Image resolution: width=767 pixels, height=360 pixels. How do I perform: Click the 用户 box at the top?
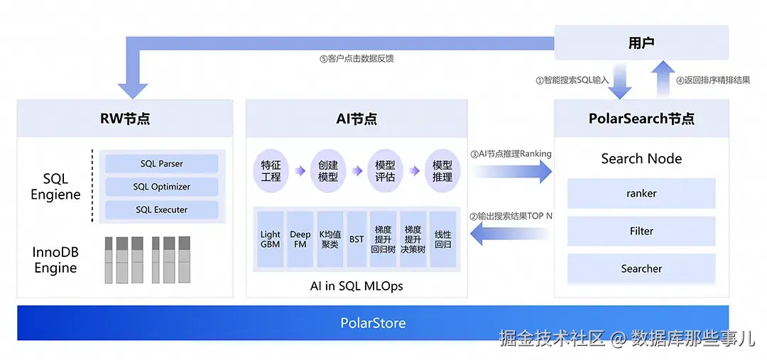[641, 43]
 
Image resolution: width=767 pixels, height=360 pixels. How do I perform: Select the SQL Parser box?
[161, 164]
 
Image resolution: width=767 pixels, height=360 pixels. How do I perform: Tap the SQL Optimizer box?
[161, 187]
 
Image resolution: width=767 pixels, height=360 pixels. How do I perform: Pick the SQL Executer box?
[161, 210]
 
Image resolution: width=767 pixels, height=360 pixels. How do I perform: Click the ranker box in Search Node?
[641, 193]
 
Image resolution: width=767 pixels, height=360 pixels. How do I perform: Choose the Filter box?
[641, 231]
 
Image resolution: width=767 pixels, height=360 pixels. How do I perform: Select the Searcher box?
[641, 268]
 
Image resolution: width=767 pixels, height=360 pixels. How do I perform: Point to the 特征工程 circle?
[271, 170]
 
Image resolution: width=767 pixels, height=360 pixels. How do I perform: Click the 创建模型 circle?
[328, 170]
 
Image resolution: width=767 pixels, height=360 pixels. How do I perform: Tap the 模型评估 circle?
[385, 170]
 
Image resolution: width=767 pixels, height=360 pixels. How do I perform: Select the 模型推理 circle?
[442, 170]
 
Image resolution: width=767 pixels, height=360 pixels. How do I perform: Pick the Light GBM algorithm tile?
[271, 239]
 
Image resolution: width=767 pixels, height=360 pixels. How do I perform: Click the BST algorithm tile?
[357, 239]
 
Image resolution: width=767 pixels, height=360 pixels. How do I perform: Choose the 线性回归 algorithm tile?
[442, 239]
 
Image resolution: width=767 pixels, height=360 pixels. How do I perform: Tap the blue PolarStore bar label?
[373, 323]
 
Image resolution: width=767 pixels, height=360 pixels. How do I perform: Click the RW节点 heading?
[125, 119]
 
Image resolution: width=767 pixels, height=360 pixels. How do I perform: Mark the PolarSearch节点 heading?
[641, 119]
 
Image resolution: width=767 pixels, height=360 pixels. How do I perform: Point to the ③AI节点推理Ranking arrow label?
[511, 153]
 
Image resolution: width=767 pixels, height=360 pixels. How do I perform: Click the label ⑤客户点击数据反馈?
[357, 59]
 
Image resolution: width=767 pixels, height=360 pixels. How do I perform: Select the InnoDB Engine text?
[55, 261]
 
